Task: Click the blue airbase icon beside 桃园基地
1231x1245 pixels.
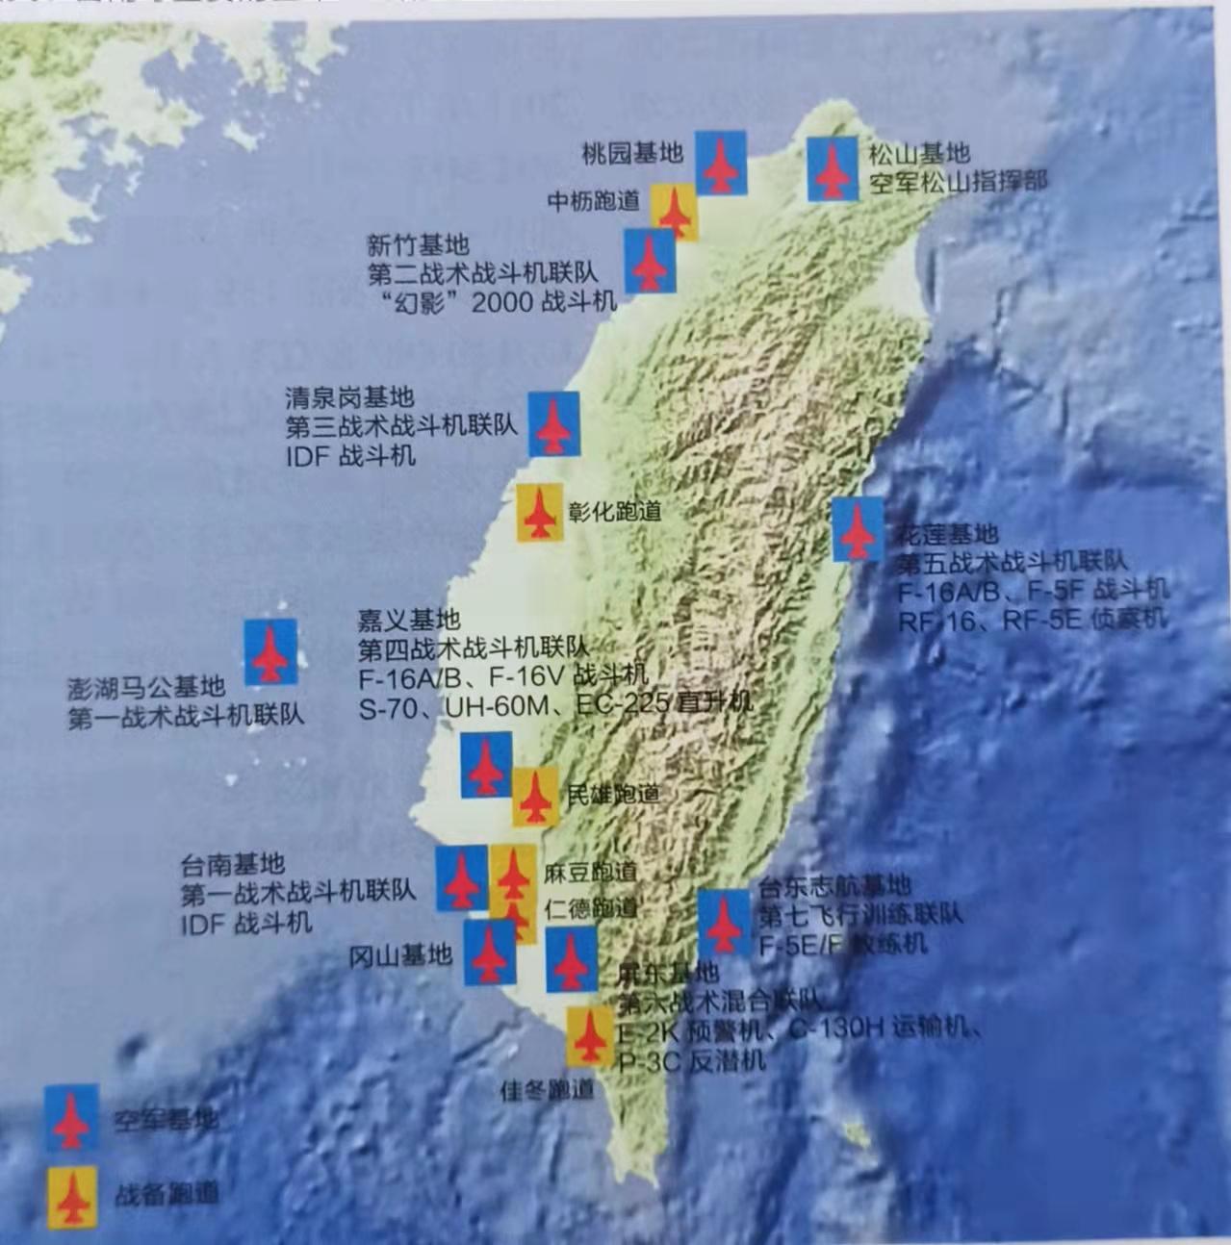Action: click(720, 163)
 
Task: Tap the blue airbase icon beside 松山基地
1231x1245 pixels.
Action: click(832, 168)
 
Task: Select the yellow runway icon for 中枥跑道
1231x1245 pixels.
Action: click(674, 211)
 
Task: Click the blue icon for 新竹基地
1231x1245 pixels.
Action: click(650, 260)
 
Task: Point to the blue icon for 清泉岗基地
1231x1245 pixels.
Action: click(553, 423)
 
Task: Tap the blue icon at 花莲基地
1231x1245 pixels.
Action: click(858, 528)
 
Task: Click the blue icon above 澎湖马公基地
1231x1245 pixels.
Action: click(270, 651)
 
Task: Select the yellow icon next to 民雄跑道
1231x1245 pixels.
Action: click(535, 797)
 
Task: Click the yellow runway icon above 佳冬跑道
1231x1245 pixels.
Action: click(589, 1036)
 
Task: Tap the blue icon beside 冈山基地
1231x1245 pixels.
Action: click(490, 953)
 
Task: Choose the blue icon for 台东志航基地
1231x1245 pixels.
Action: click(723, 922)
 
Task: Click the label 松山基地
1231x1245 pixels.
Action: click(919, 153)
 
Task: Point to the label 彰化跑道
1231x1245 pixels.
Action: click(615, 511)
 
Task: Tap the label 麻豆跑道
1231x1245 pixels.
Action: click(590, 873)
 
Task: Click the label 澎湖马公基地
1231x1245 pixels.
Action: click(146, 687)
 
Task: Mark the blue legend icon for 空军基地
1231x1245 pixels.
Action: click(71, 1117)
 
